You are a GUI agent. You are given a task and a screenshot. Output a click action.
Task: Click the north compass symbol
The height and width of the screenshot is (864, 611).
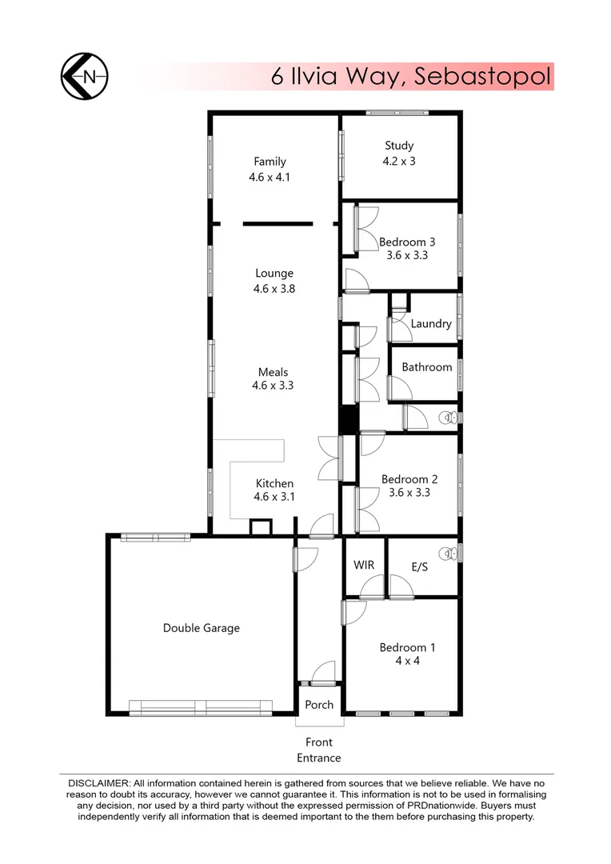pos(85,77)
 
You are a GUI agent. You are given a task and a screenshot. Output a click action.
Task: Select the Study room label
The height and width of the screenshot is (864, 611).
pos(399,146)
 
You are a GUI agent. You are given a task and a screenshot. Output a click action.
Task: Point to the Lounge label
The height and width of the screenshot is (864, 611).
pos(274,273)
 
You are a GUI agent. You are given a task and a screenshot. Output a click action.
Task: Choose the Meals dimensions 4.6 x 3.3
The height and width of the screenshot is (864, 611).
pos(274,386)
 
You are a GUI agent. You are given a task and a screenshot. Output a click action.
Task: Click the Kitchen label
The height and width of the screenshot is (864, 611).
pos(274,483)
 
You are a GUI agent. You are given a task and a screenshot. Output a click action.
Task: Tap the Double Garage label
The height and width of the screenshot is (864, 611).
pos(202,628)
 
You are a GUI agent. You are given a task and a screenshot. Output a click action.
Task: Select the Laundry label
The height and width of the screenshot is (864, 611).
pos(431,324)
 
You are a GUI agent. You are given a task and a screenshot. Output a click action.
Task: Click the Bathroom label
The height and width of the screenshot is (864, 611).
pos(427,367)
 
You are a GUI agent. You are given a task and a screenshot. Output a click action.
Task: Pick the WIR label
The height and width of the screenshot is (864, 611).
pos(364,565)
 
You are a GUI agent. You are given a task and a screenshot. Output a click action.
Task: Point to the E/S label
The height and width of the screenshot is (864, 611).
pos(420,566)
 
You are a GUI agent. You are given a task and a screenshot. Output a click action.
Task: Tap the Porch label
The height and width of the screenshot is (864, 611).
pos(319,705)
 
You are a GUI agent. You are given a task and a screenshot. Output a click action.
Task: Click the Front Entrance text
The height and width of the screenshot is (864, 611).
pos(319,750)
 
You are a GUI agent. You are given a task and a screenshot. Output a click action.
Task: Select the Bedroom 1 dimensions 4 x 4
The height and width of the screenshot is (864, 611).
pos(409,661)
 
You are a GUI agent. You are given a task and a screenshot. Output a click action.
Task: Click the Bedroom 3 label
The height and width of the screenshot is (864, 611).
pos(407,242)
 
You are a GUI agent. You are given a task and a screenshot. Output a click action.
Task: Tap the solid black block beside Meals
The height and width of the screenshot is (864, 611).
pos(349,419)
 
